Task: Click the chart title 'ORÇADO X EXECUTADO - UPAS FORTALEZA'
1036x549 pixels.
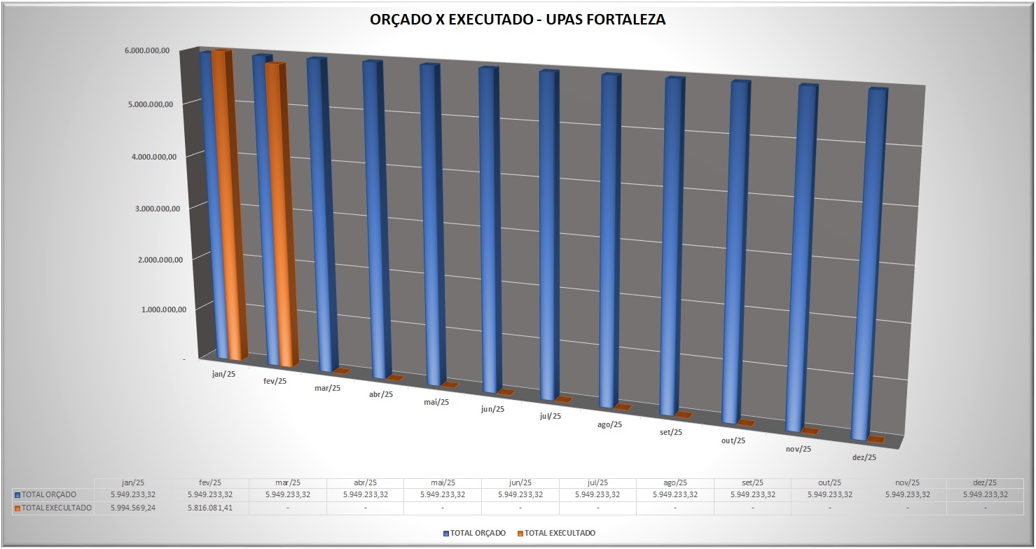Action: point(518,20)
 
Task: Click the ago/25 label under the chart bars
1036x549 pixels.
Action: point(609,424)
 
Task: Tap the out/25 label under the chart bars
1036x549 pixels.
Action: point(733,440)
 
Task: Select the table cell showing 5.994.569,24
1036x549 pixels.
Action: point(133,508)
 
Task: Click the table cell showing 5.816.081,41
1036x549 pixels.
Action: point(210,508)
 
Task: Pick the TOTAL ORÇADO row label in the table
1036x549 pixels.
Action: point(49,494)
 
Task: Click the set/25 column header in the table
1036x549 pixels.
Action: point(752,482)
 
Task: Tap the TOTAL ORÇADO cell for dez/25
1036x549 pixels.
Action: point(985,494)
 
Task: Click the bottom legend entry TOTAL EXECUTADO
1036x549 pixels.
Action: point(560,533)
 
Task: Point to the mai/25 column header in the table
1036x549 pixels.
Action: point(443,482)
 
